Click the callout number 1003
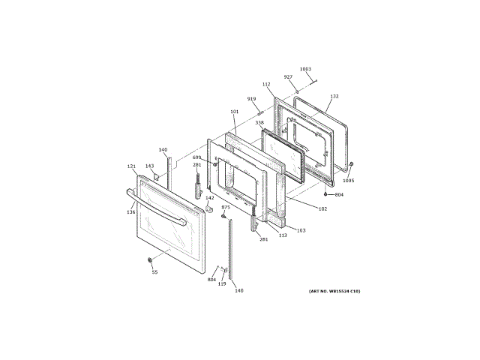[305, 70]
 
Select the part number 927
[288, 77]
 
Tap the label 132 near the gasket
[334, 97]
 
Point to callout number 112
[266, 85]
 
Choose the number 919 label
[251, 99]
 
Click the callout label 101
[234, 112]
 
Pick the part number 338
[259, 122]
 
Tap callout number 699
[196, 157]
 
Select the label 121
[131, 166]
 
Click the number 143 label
[149, 166]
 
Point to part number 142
[210, 198]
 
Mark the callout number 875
[225, 207]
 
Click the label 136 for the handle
[131, 212]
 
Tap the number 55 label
[155, 272]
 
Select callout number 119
[222, 284]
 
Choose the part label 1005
[348, 181]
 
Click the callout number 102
[322, 208]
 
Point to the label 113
[283, 235]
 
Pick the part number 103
[301, 230]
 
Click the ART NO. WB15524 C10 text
[334, 290]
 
